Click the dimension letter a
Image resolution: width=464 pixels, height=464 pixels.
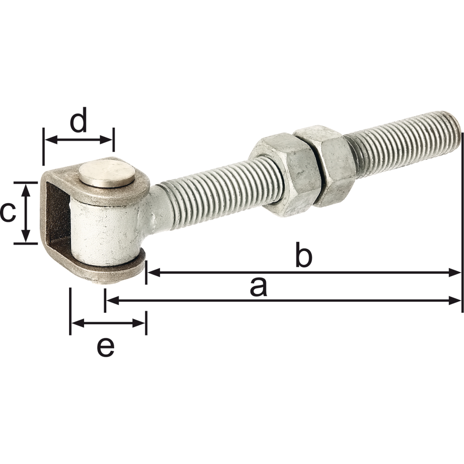258,287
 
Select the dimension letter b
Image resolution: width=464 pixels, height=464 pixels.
303,255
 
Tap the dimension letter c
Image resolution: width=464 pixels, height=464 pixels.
8,213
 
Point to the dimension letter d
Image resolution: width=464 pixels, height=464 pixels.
79,119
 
